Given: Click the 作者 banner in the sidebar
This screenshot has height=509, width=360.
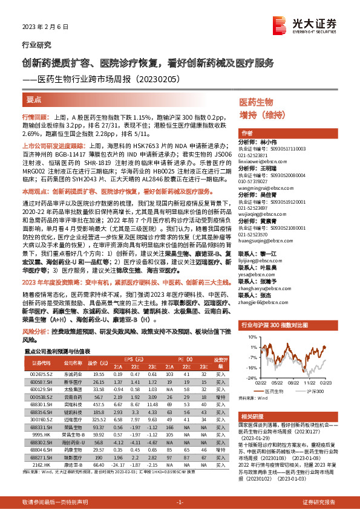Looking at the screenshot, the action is pos(247,133).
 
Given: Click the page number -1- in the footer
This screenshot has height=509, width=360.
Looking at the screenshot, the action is pos(180,502).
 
